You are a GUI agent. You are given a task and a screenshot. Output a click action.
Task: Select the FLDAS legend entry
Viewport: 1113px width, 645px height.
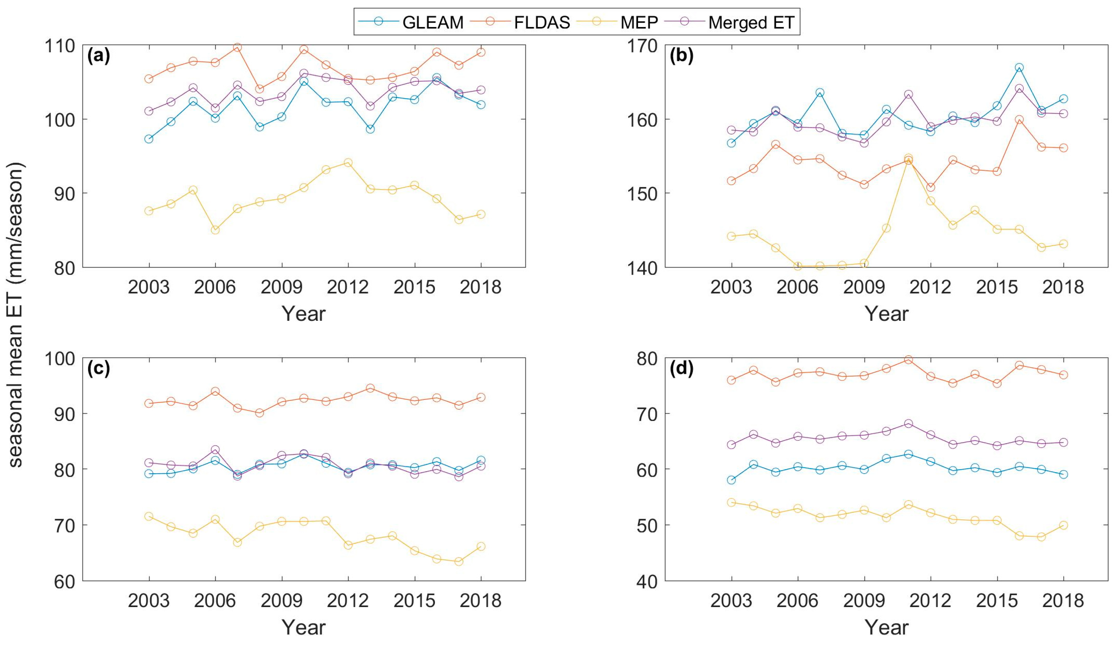[521, 22]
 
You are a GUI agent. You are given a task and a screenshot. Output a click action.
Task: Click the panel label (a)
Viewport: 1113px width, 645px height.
[98, 56]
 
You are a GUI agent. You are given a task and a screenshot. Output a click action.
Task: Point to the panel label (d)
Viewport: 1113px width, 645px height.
[681, 368]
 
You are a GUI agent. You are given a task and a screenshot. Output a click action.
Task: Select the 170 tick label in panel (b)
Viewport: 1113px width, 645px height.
[642, 45]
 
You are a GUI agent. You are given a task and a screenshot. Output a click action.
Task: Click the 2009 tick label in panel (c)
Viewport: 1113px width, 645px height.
[281, 601]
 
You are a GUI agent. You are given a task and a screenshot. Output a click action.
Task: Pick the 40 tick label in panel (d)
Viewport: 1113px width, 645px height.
[648, 581]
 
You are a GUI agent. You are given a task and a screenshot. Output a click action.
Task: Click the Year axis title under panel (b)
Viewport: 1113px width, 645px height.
[886, 314]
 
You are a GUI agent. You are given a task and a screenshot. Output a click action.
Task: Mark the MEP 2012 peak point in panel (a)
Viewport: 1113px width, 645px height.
[348, 162]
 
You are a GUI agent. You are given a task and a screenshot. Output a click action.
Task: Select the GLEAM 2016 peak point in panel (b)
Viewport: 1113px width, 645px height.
[1019, 68]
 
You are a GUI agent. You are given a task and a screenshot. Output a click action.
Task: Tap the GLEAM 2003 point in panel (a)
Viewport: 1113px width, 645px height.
[149, 139]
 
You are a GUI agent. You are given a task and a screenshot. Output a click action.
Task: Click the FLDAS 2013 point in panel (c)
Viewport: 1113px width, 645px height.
[370, 388]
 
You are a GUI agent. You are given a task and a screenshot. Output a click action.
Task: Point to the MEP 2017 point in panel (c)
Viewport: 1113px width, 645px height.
[459, 562]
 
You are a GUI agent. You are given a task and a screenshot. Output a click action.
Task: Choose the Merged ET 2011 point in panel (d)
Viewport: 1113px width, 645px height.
[908, 424]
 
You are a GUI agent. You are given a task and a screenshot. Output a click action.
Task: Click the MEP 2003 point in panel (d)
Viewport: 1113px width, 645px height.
[731, 502]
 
